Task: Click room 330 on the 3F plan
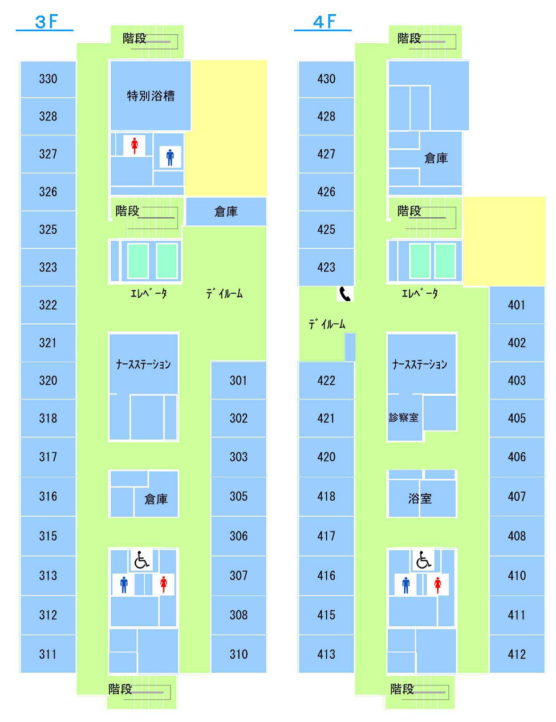pyautogui.click(x=48, y=79)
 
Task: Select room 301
pyautogui.click(x=238, y=380)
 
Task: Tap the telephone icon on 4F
pyautogui.click(x=345, y=294)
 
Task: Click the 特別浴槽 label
pyautogui.click(x=151, y=96)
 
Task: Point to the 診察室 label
pyautogui.click(x=404, y=417)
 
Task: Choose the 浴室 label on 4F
pyautogui.click(x=420, y=498)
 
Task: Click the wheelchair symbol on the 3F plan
pyautogui.click(x=141, y=559)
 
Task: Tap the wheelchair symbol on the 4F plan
pyautogui.click(x=424, y=559)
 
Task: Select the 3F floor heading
pyautogui.click(x=46, y=22)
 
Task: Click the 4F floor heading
pyautogui.click(x=324, y=22)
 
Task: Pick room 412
pyautogui.click(x=517, y=654)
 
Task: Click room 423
pyautogui.click(x=326, y=267)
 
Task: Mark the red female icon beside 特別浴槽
pyautogui.click(x=134, y=145)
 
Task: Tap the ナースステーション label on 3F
pyautogui.click(x=144, y=364)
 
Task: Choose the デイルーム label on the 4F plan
pyautogui.click(x=327, y=323)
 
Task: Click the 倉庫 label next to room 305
pyautogui.click(x=156, y=498)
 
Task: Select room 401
pyautogui.click(x=517, y=305)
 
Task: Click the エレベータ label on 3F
pyautogui.click(x=148, y=293)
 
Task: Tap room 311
pyautogui.click(x=48, y=654)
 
